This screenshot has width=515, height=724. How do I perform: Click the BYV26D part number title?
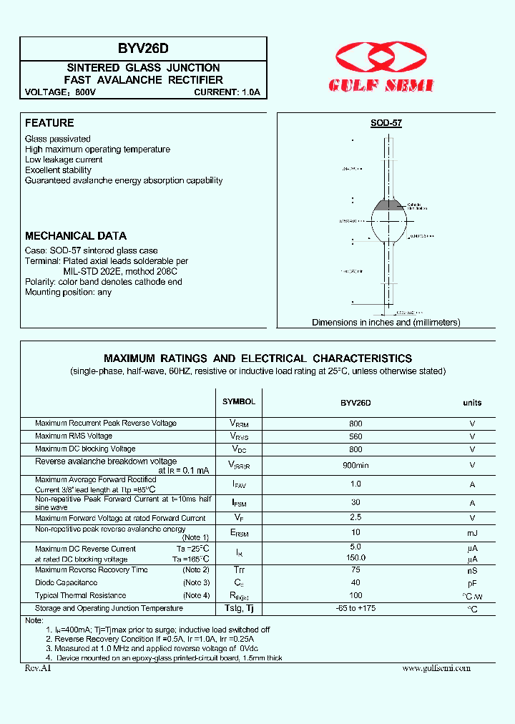143,49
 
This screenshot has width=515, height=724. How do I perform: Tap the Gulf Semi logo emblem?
381,57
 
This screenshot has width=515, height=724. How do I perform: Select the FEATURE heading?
49,123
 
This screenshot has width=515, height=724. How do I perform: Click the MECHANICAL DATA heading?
76,235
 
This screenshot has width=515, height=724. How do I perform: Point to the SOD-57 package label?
386,123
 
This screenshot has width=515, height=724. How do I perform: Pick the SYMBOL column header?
238,402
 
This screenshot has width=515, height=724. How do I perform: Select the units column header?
472,403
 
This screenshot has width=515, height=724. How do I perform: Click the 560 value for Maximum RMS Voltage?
355,436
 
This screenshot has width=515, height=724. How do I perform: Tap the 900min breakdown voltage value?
355,465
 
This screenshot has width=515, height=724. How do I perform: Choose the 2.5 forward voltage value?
355,517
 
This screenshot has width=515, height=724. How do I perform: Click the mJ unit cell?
472,533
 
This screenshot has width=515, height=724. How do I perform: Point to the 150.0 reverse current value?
355,558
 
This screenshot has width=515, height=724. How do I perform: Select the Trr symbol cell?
238,570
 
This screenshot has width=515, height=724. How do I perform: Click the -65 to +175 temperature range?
355,608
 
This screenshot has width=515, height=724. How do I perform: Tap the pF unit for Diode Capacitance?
472,583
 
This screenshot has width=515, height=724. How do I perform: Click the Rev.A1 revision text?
38,667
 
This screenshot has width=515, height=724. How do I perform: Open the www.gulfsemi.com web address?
436,667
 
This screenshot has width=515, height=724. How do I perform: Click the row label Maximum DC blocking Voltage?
85,449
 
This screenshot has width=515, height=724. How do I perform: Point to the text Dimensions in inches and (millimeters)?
386,323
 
